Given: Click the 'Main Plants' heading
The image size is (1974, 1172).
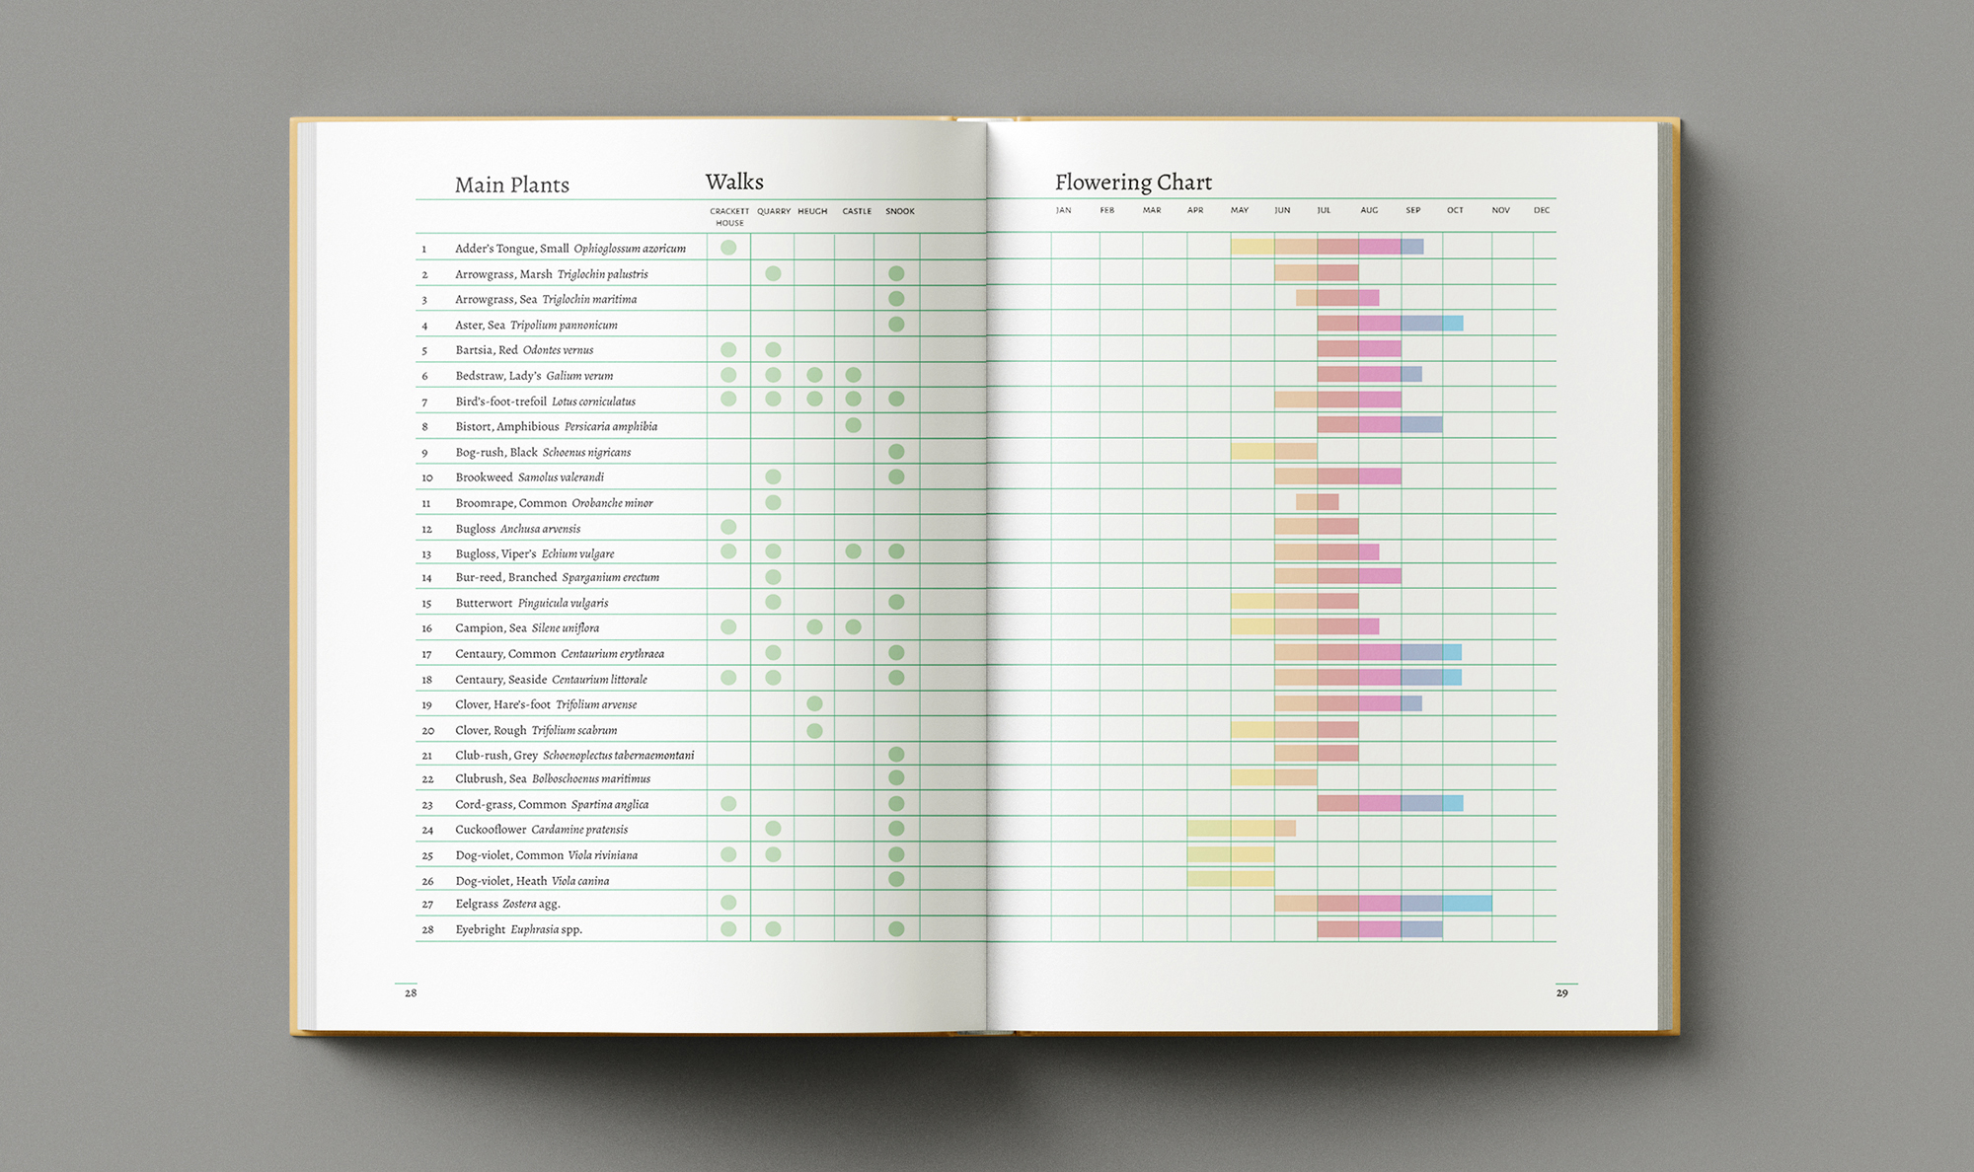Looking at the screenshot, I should click(x=511, y=185).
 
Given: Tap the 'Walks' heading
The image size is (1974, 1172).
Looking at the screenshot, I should click(x=734, y=183).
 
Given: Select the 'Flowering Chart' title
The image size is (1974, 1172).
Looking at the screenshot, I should click(x=1133, y=183).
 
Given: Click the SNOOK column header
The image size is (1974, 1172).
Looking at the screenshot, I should click(x=899, y=211).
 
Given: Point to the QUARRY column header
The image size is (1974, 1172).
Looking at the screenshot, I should click(x=774, y=211).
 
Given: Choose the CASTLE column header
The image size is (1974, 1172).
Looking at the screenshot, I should click(x=857, y=211).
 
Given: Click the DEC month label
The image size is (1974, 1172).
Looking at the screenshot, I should click(x=1542, y=210).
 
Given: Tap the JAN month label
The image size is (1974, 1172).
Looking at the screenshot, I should click(x=1063, y=210).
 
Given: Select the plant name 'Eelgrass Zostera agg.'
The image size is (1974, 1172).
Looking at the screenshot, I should click(x=507, y=904).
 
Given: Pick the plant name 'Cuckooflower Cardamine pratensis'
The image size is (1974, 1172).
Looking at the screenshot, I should click(x=541, y=830).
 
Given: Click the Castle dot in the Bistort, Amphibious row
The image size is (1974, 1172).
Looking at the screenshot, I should click(x=854, y=425).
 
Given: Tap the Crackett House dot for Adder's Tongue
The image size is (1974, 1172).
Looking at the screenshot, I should click(x=728, y=248).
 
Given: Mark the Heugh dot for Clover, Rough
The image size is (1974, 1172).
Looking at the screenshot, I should click(x=814, y=730).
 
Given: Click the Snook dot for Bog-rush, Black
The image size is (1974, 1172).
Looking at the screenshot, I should click(x=896, y=451).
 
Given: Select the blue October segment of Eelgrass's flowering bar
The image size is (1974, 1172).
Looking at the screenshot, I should click(x=1467, y=903).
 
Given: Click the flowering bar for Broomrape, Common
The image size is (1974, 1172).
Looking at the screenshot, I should click(x=1317, y=502).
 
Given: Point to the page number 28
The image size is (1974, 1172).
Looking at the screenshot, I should click(x=411, y=992).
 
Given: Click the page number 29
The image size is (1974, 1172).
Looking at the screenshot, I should click(x=1561, y=992).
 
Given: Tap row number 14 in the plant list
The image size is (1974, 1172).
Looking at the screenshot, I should click(x=426, y=578).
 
